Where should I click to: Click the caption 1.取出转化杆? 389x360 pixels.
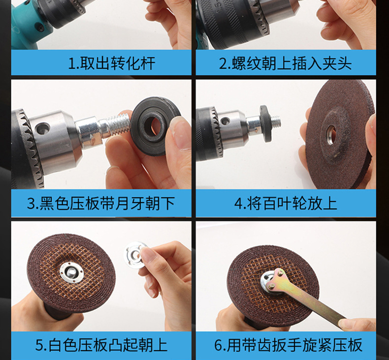coord(111,63)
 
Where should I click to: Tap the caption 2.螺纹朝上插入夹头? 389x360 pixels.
coord(285,63)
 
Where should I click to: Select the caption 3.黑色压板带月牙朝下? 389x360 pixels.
coord(101,203)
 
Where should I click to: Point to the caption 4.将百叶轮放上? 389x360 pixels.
coord(286,203)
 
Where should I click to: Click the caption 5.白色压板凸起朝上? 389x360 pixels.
coord(101,345)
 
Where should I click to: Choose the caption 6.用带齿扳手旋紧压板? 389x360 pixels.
coord(288,345)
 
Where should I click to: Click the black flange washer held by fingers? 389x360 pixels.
coord(154,126)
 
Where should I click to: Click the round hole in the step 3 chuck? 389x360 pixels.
coord(42,128)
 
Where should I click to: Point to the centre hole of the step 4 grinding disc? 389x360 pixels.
coord(331,134)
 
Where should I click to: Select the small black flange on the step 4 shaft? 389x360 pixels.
coord(265,123)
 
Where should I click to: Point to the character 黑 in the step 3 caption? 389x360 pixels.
coord(47,204)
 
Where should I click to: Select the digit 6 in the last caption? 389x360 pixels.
coord(218,345)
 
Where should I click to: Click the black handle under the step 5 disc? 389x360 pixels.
coord(58,313)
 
